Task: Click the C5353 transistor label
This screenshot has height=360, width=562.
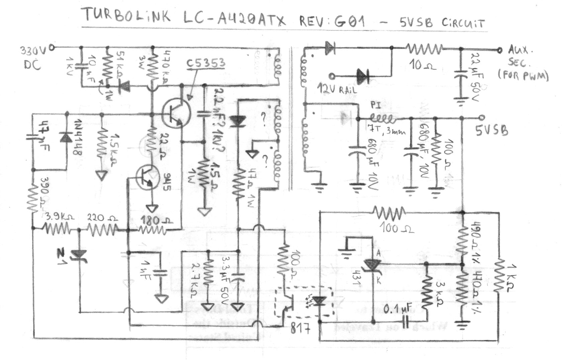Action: click(206, 63)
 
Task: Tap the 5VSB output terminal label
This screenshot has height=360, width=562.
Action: click(492, 130)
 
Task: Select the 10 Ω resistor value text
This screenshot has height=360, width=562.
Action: click(423, 65)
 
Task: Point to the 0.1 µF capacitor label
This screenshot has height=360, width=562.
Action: click(397, 309)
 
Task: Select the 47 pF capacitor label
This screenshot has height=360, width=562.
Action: click(43, 136)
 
